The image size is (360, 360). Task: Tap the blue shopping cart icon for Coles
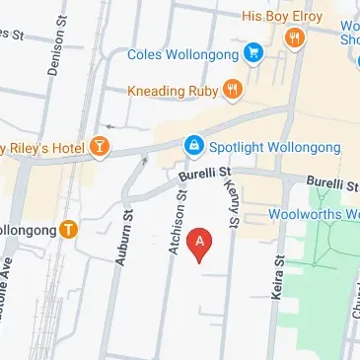click(254, 51)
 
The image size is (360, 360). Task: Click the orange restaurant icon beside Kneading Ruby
click(232, 90)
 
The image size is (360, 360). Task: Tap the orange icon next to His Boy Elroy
click(293, 37)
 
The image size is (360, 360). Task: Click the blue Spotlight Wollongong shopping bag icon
click(195, 148)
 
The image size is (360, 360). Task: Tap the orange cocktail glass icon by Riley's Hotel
click(99, 148)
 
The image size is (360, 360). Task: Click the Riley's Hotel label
click(44, 148)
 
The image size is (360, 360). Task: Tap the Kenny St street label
click(234, 202)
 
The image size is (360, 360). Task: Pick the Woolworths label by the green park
click(314, 214)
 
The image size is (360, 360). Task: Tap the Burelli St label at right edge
click(331, 183)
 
